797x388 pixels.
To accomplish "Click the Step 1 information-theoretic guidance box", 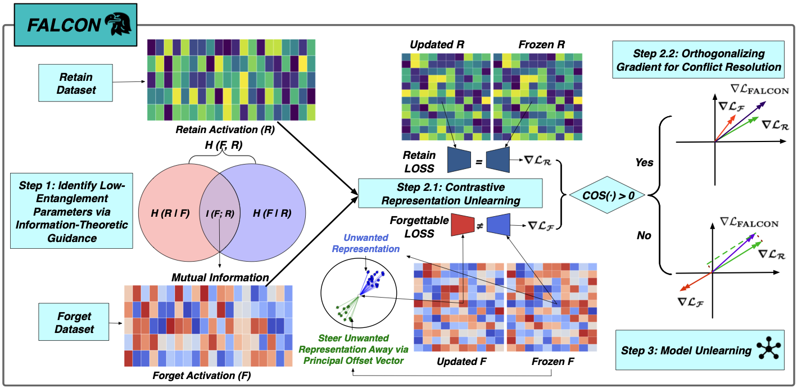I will pos(71,210).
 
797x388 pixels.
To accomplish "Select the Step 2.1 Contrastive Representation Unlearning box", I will pos(451,193).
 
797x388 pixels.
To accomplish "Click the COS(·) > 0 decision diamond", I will pos(609,195).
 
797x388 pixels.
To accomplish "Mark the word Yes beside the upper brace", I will pos(644,162).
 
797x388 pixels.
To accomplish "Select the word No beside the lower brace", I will pos(644,235).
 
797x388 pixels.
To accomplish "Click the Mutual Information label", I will pos(220,277).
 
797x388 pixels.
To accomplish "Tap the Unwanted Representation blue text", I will pos(365,243).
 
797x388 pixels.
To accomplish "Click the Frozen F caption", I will pos(553,362).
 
